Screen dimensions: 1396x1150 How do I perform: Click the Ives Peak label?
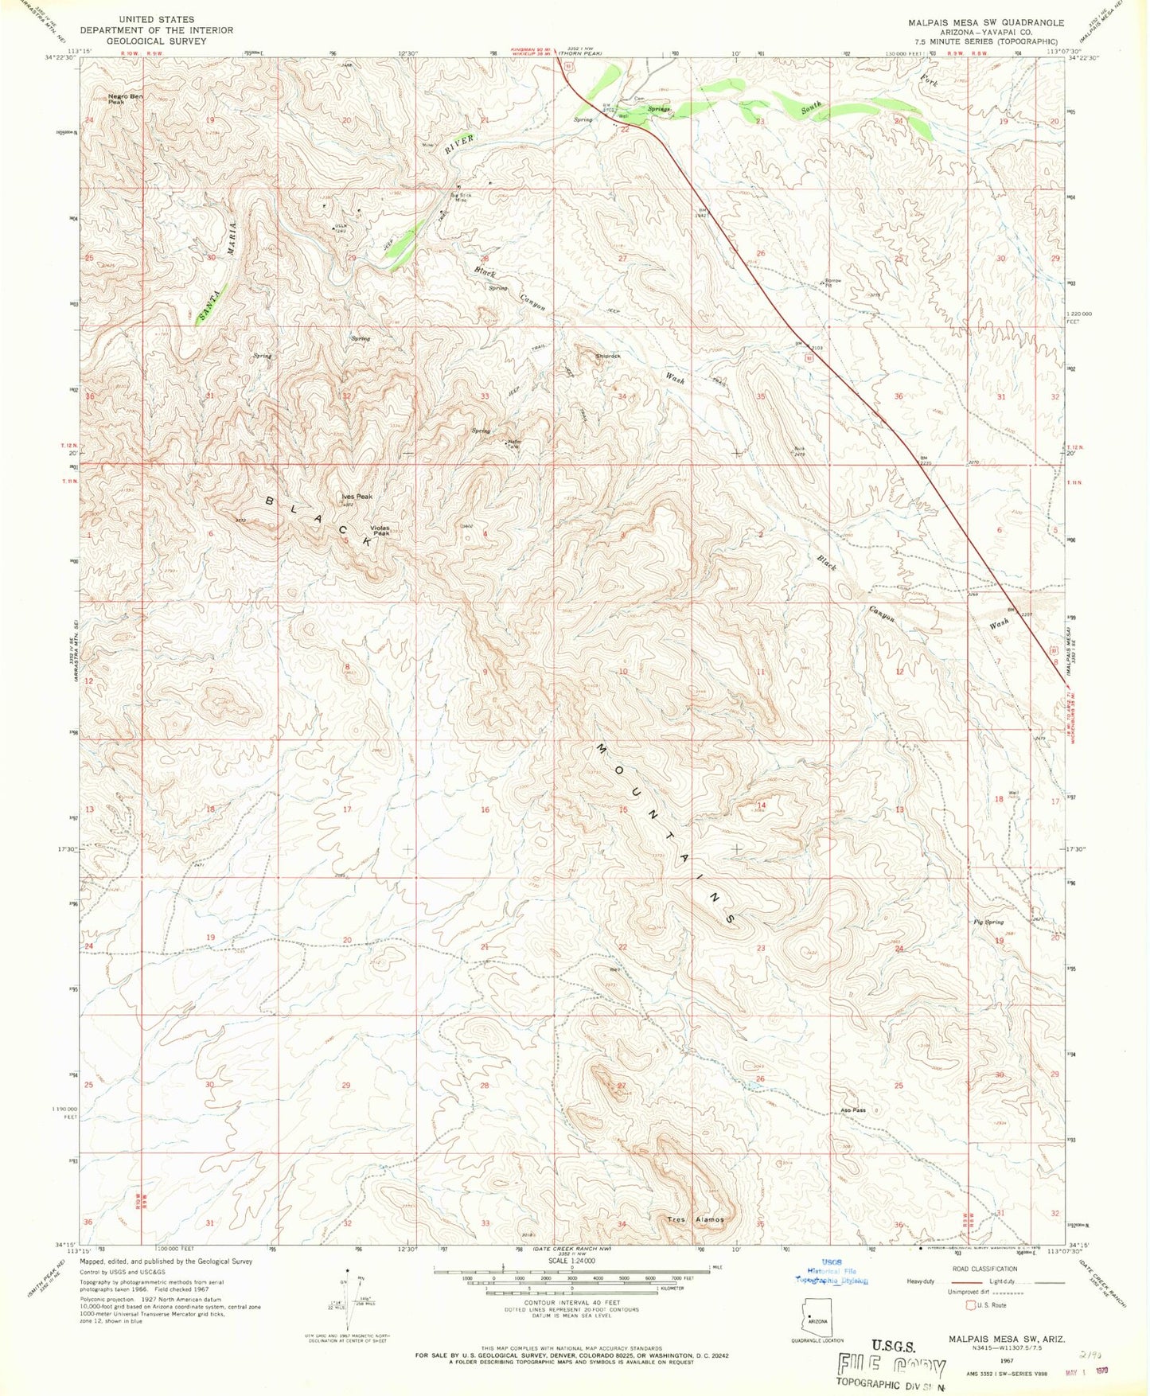(357, 497)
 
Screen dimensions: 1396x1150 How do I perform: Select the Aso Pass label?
(852, 1109)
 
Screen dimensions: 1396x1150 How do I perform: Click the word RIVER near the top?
(459, 144)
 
